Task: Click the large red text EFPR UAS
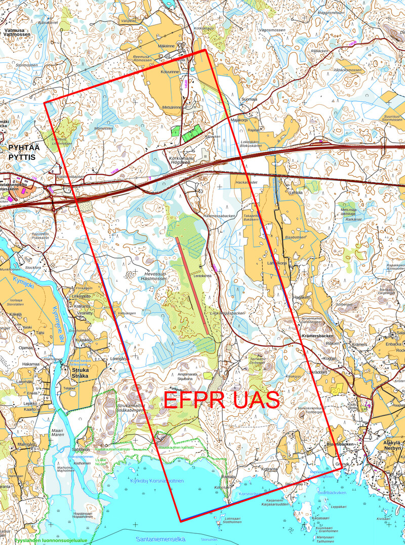[221, 400]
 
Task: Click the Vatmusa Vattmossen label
[17, 32]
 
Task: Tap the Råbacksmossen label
[348, 69]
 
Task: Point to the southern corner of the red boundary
[181, 521]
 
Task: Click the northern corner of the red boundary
[205, 50]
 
